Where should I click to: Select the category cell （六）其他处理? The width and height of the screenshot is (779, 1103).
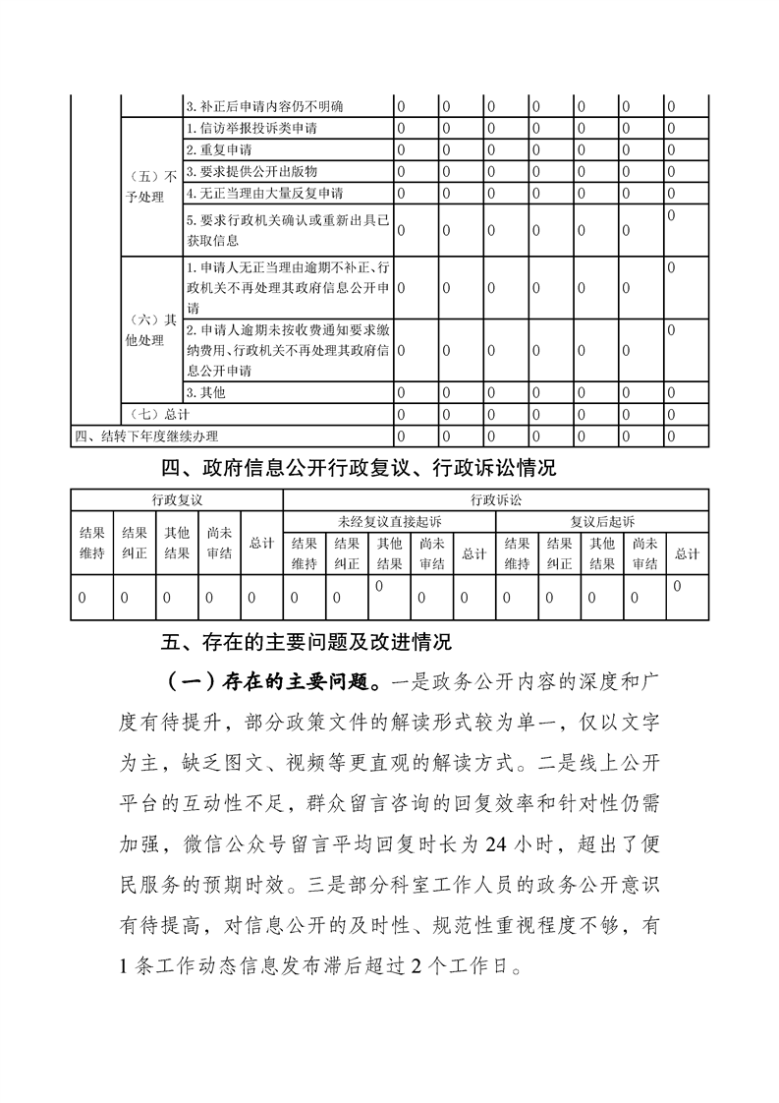pos(152,330)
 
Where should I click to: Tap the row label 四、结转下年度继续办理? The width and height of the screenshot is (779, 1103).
pos(146,435)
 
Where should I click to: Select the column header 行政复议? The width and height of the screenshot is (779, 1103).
pos(177,499)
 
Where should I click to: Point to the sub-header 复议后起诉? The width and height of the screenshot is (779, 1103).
pos(602,520)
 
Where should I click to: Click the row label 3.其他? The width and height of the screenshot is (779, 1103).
pos(205,393)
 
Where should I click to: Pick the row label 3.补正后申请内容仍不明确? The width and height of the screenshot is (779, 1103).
pos(264,106)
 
